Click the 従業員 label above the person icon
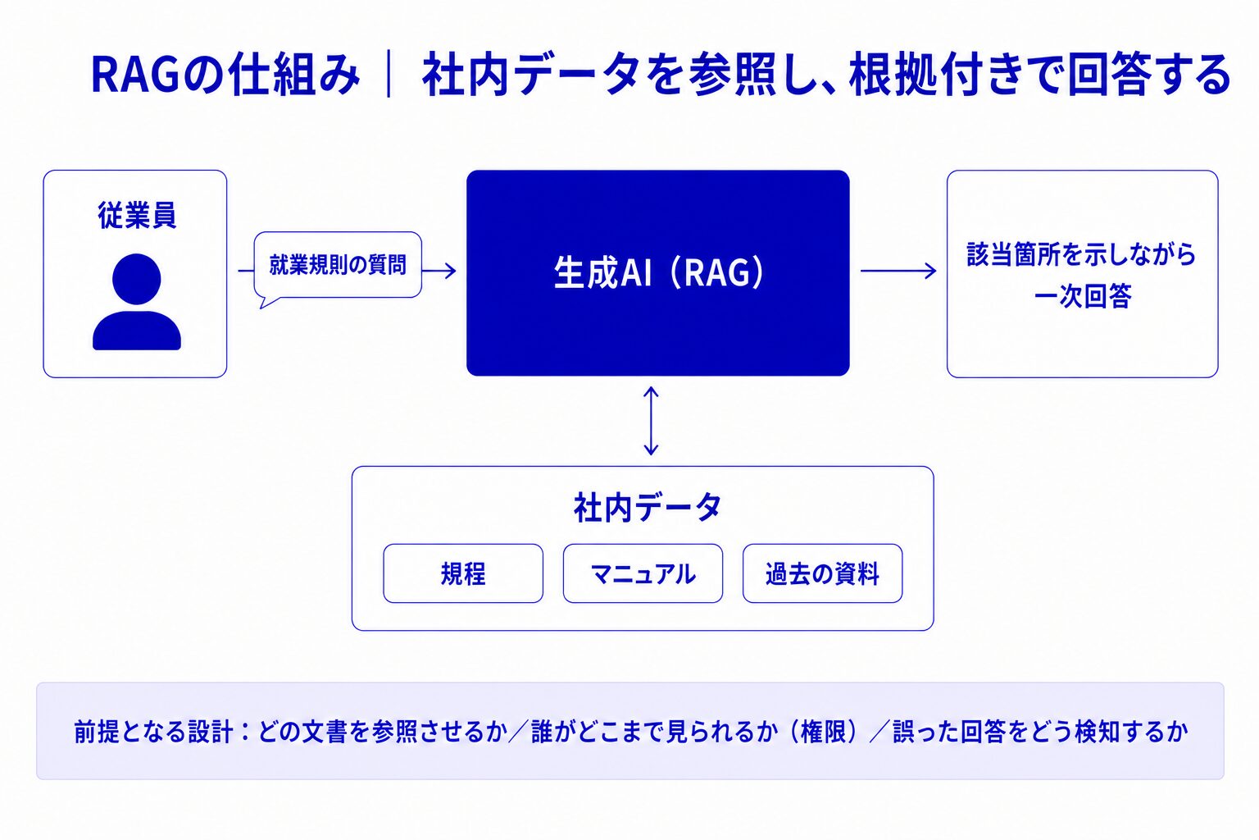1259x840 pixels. point(137,216)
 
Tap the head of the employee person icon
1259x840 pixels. point(137,279)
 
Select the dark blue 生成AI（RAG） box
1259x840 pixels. point(657,273)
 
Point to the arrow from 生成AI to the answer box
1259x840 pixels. point(898,272)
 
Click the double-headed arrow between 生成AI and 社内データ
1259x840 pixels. point(651,421)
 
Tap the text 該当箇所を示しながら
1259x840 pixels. point(1082,254)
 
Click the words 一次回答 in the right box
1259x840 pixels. point(1083,296)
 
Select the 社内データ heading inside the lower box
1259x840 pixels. point(647,507)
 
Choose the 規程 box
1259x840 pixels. point(463,573)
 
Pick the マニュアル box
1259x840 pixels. point(643,573)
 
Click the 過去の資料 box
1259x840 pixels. point(822,573)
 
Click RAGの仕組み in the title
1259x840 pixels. point(225,75)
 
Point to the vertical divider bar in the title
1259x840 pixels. point(389,75)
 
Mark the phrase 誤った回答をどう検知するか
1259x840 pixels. point(1040,732)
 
